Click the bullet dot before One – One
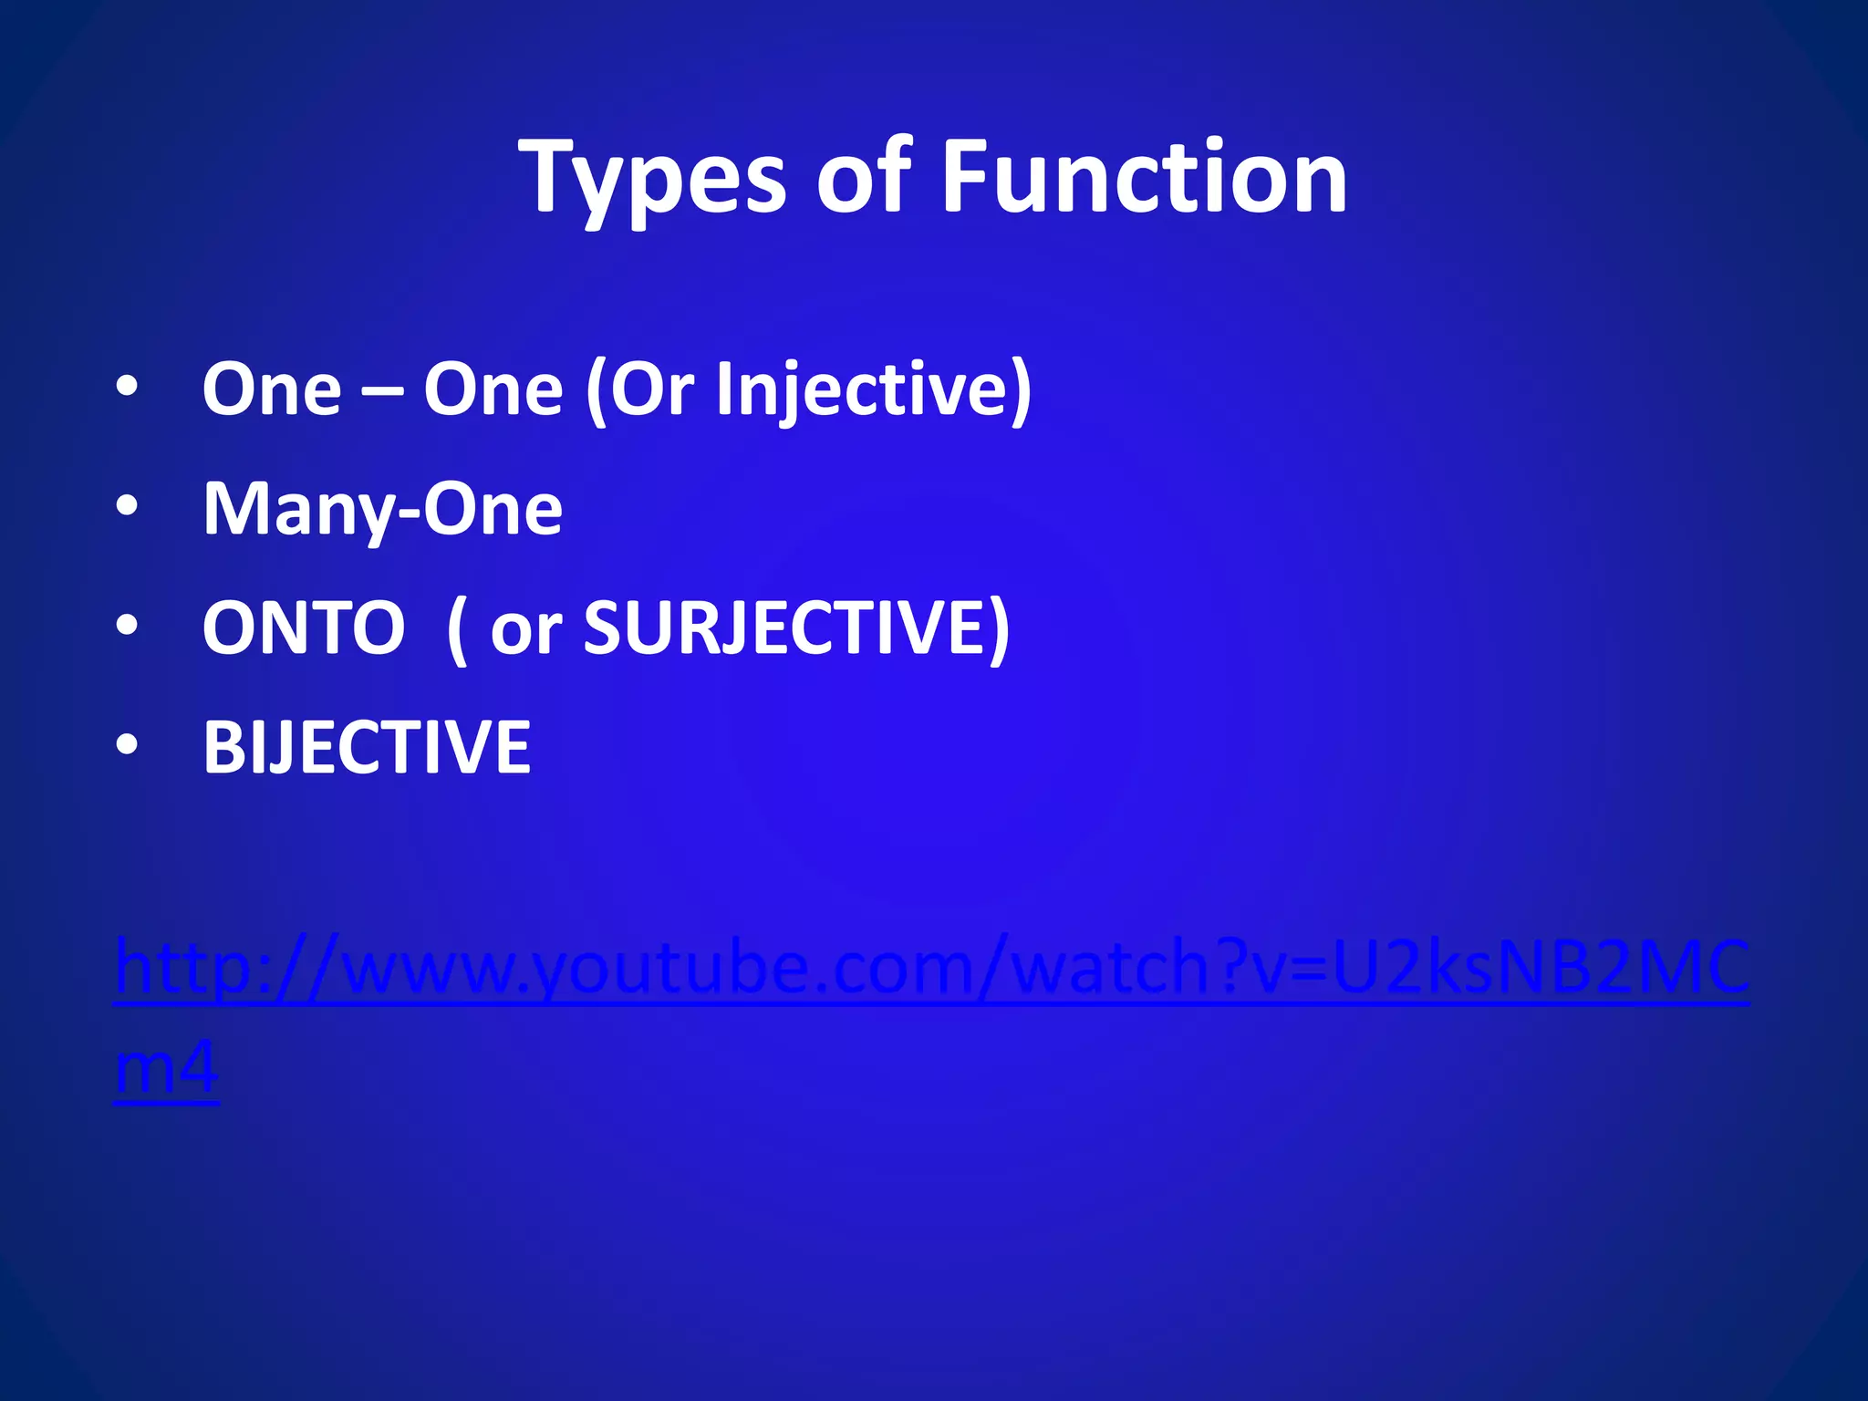127,387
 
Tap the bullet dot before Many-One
127,505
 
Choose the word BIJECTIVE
367,748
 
